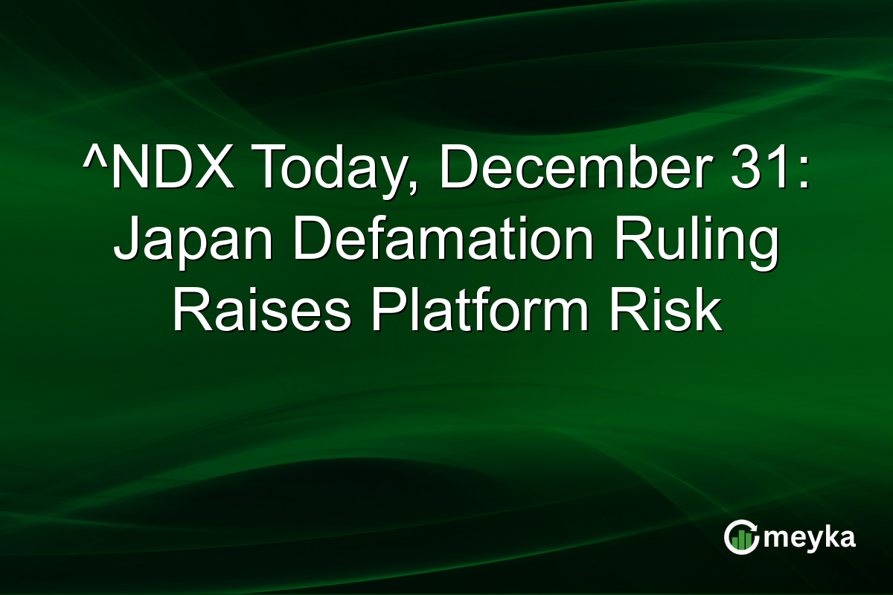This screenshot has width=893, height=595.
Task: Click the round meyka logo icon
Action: click(741, 537)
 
